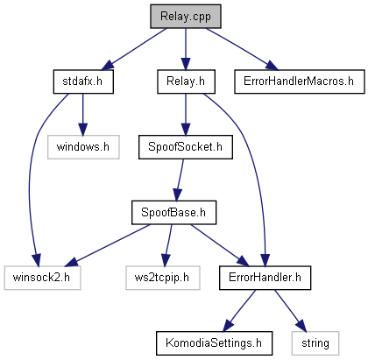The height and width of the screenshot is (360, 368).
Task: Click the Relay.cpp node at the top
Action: [x=186, y=17]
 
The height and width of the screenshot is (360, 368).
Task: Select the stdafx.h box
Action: [x=83, y=81]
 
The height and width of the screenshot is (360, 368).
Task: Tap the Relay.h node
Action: [x=186, y=81]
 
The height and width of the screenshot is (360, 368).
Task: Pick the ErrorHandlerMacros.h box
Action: [x=300, y=81]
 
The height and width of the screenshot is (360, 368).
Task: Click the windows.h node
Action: [x=83, y=147]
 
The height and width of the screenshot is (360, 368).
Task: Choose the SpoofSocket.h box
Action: [x=186, y=147]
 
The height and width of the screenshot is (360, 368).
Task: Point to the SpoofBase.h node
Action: [x=173, y=212]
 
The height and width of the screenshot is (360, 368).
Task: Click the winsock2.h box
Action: [x=42, y=278]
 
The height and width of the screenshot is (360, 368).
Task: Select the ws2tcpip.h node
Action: [x=163, y=278]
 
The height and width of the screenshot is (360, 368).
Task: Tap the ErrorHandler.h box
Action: [x=265, y=278]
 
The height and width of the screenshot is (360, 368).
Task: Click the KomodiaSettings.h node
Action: [x=214, y=343]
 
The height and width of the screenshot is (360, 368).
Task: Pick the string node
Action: [x=315, y=343]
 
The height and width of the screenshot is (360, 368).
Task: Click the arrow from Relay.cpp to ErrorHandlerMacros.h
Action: [x=242, y=49]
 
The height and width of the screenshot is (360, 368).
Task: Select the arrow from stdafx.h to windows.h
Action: [x=82, y=115]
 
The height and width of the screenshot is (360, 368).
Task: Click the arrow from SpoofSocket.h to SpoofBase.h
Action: [x=180, y=180]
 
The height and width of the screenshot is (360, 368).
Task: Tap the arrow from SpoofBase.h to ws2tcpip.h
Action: [x=168, y=245]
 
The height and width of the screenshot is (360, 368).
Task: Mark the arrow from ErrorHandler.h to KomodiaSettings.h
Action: [x=239, y=311]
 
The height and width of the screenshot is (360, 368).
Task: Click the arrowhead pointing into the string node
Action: [x=301, y=325]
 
